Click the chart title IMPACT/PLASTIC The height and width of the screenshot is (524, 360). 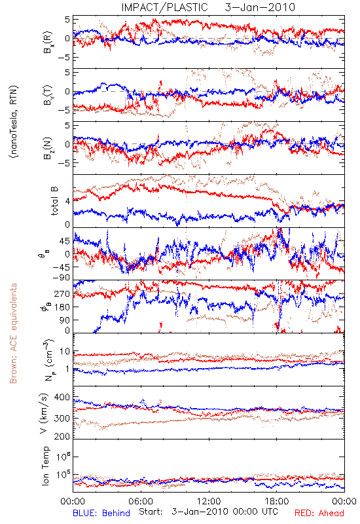click(x=165, y=7)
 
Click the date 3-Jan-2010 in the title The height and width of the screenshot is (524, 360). click(x=260, y=7)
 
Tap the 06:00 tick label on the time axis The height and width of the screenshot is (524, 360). click(x=141, y=501)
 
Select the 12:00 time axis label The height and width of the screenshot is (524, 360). click(x=209, y=501)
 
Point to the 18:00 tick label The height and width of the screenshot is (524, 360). click(x=277, y=501)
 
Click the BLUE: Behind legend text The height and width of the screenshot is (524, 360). click(x=101, y=513)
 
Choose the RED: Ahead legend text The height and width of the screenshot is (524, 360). click(x=319, y=513)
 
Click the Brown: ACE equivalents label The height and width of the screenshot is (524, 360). click(x=13, y=333)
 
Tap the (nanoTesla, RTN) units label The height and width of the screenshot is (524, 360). click(x=14, y=122)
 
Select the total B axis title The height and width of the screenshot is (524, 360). click(x=54, y=201)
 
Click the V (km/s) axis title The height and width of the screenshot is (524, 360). click(x=44, y=413)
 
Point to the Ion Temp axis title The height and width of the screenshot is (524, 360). click(x=46, y=466)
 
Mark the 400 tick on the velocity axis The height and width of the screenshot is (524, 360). click(x=62, y=398)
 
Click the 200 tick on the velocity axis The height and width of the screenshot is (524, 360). click(x=62, y=436)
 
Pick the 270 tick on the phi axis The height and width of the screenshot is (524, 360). click(x=63, y=293)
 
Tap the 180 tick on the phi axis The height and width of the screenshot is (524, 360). click(x=63, y=307)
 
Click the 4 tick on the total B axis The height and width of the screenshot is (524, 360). click(x=68, y=201)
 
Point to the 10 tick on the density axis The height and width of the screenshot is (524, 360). click(x=65, y=352)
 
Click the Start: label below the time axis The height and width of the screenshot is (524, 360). click(x=151, y=512)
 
